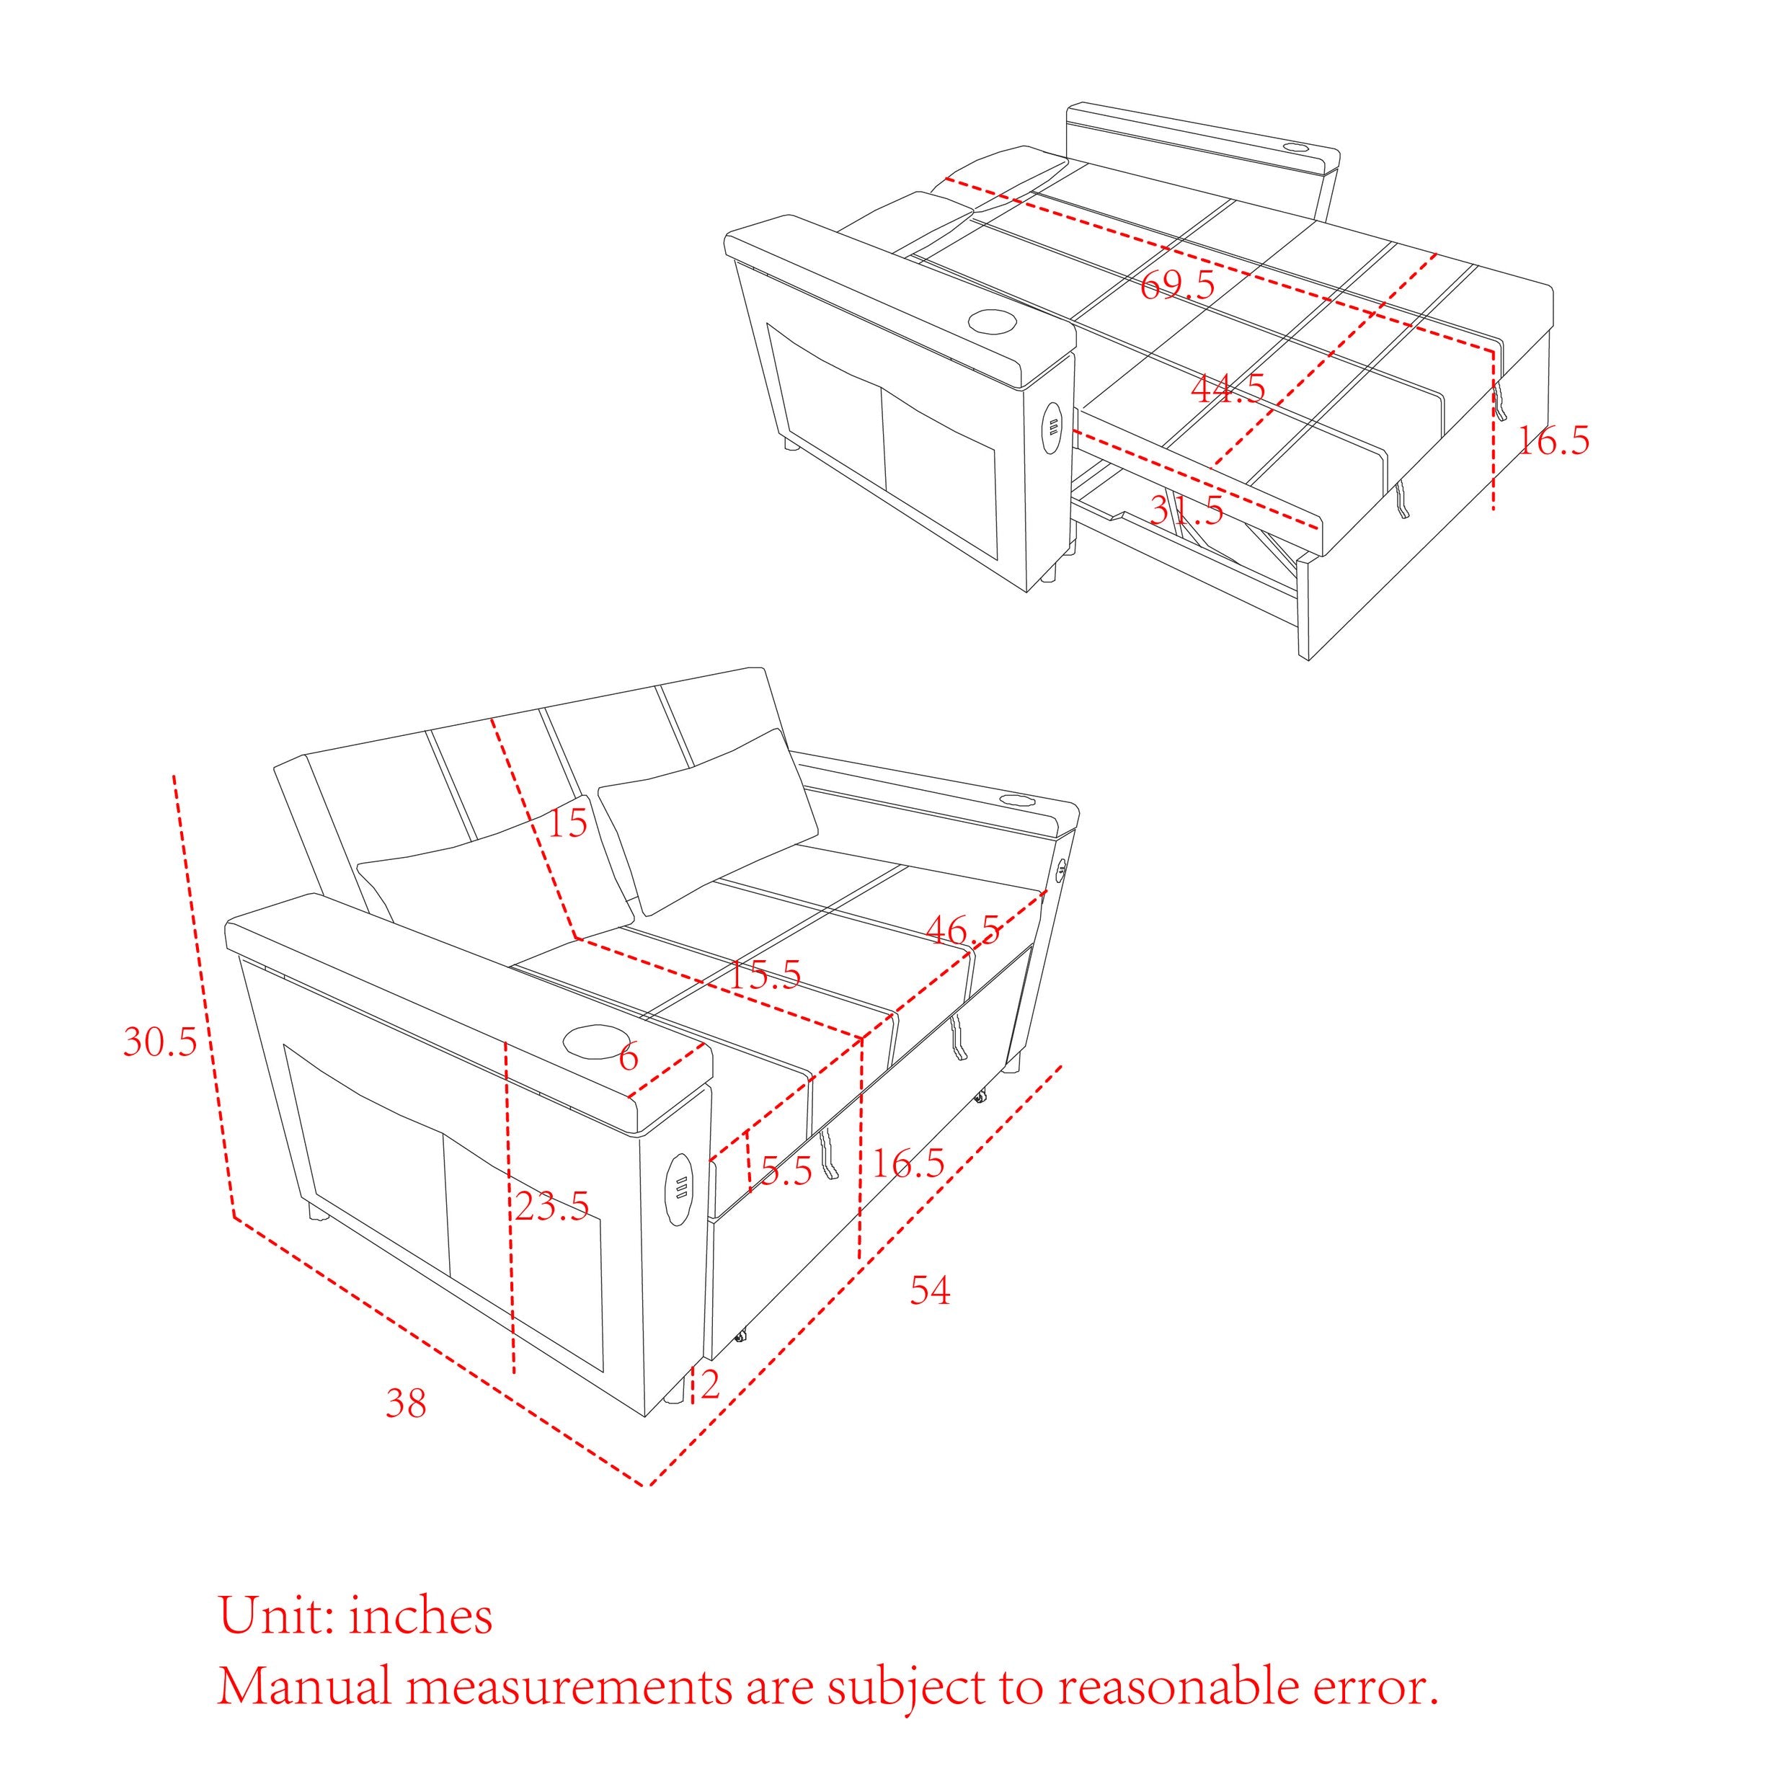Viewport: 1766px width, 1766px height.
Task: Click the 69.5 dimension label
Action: [1177, 285]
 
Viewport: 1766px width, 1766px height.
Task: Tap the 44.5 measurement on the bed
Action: [1228, 389]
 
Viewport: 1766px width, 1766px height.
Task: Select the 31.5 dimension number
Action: [1186, 511]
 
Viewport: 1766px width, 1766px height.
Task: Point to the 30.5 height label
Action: [160, 1041]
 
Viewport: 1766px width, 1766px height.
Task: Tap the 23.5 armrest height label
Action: [551, 1207]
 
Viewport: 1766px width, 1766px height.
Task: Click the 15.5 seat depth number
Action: [764, 975]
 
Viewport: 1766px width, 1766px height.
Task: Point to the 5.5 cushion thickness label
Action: [786, 1171]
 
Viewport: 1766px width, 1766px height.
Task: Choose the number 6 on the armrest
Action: [628, 1057]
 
